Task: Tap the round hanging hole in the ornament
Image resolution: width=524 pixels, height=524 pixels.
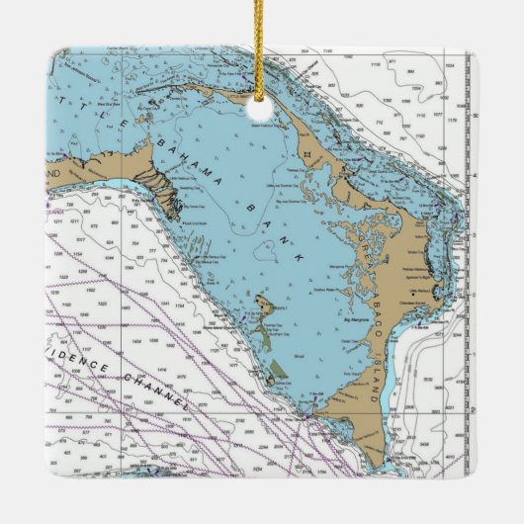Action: pos(261,100)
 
